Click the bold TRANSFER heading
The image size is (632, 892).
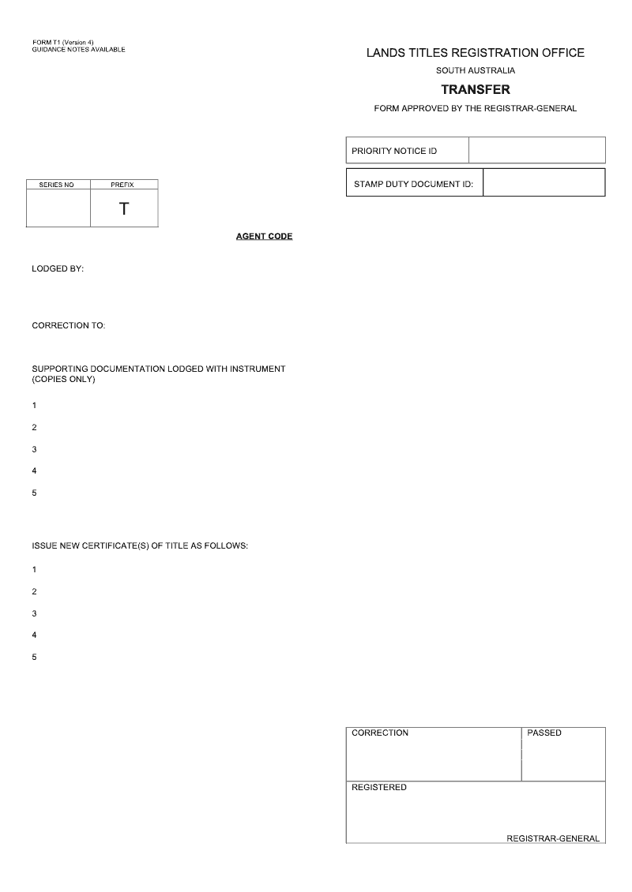point(475,90)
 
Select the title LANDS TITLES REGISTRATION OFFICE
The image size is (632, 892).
point(475,53)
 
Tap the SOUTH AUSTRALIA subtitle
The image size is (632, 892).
point(475,71)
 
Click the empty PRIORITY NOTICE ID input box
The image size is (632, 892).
point(536,150)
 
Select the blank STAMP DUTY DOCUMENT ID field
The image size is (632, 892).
point(544,182)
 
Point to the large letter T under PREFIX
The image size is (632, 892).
point(124,209)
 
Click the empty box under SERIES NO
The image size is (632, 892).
point(58,208)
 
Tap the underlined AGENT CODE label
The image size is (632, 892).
point(264,237)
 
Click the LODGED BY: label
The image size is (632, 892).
point(58,268)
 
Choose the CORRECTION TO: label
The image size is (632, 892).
point(69,325)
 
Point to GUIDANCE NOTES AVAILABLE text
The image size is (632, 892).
point(78,50)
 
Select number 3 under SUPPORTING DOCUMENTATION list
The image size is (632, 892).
point(34,449)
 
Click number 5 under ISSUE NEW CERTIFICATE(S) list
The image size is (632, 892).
point(34,657)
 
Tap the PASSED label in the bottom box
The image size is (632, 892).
point(544,733)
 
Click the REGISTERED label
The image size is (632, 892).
point(379,787)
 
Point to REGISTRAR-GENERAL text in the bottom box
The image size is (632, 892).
point(553,838)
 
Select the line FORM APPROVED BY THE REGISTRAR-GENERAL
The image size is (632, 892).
point(475,109)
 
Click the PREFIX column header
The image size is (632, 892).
point(122,185)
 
